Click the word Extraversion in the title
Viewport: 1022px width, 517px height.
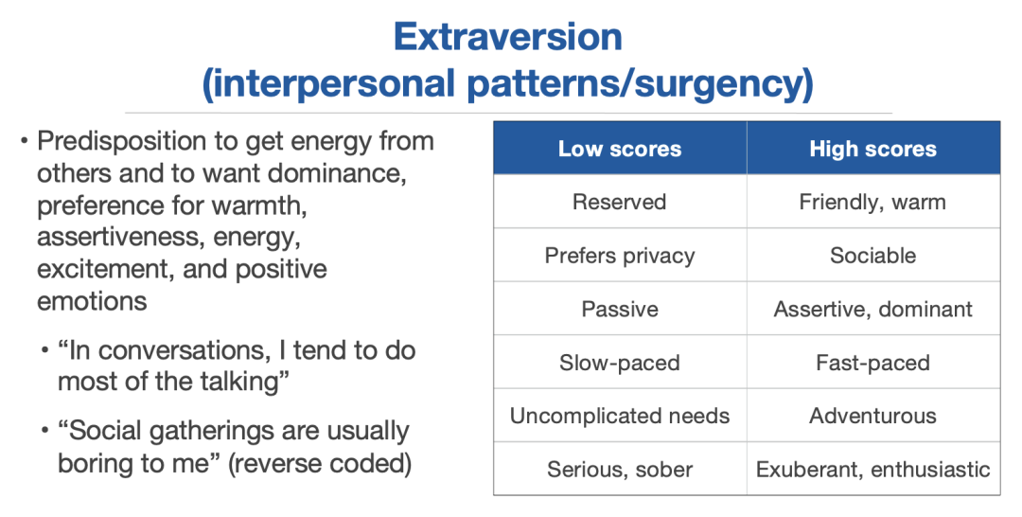point(508,37)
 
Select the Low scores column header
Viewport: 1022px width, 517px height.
point(620,149)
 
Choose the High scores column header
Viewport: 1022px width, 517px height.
point(873,149)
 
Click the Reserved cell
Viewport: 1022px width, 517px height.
point(620,202)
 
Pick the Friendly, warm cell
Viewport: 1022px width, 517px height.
point(873,202)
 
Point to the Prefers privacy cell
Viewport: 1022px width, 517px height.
point(620,255)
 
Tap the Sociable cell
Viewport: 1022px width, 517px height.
point(873,255)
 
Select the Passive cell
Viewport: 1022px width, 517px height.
point(620,309)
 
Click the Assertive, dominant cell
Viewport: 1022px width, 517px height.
point(873,309)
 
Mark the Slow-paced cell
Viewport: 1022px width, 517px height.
point(620,362)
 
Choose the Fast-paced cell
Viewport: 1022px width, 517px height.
point(873,362)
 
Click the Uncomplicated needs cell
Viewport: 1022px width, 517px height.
point(620,416)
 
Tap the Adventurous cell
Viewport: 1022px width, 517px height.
point(873,416)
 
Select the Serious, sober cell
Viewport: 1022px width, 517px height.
point(620,469)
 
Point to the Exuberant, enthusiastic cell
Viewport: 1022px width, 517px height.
point(873,469)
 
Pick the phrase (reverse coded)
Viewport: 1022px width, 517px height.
point(320,464)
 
